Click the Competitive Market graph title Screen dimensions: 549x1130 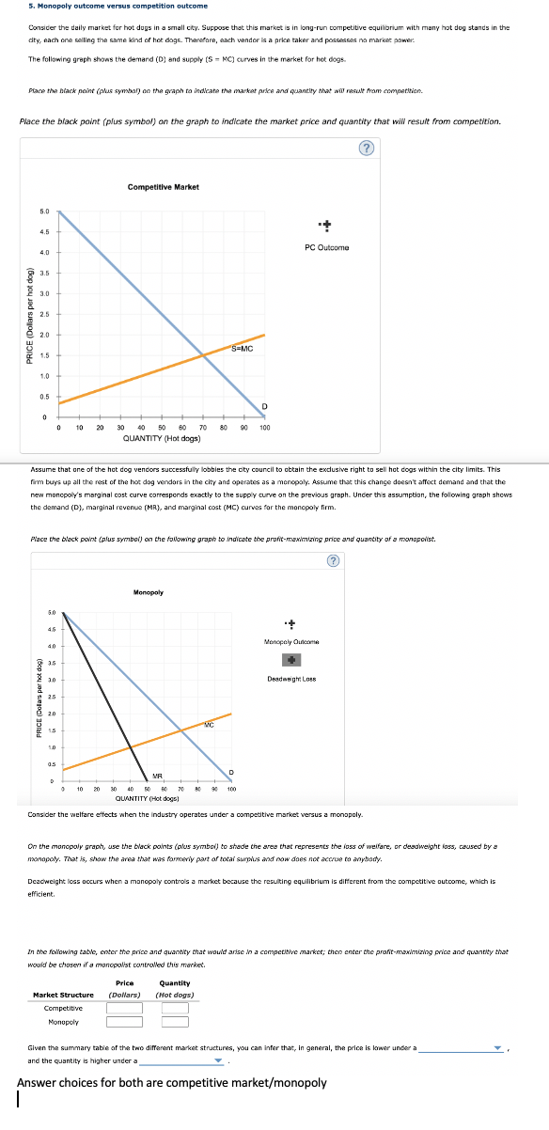coord(163,187)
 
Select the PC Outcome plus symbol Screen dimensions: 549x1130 coord(327,226)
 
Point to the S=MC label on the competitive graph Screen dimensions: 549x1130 coord(243,350)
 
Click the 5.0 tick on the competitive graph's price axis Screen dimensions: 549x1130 coord(44,211)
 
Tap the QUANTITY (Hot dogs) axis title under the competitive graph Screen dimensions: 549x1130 coord(162,438)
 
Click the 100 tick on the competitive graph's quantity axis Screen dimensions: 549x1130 coord(265,428)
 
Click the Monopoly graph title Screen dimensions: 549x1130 coord(149,592)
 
